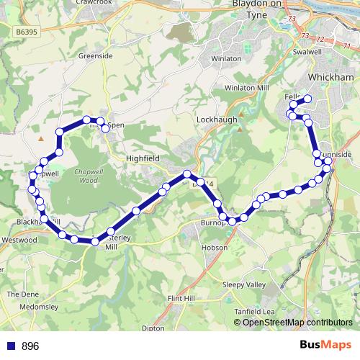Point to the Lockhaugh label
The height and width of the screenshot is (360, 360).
(217, 120)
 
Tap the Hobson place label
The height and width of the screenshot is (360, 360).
(215, 247)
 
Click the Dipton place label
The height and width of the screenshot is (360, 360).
(153, 328)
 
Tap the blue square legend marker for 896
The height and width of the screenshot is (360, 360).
(9, 346)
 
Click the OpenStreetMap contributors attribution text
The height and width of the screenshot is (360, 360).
(297, 322)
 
